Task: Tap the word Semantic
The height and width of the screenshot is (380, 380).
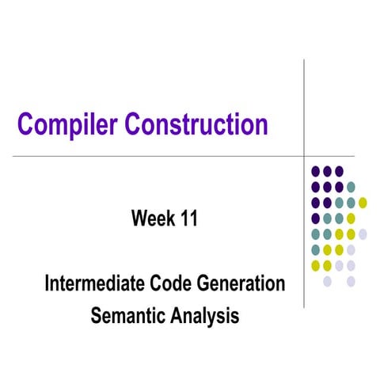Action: pyautogui.click(x=129, y=314)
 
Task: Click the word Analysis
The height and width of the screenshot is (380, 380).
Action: pyautogui.click(x=204, y=314)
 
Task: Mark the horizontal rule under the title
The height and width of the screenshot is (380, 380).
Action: pyautogui.click(x=158, y=156)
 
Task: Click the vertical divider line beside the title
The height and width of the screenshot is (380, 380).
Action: pyautogui.click(x=305, y=103)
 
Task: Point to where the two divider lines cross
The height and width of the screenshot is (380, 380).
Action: pyautogui.click(x=305, y=156)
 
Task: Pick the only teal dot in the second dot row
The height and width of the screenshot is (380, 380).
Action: pyautogui.click(x=351, y=187)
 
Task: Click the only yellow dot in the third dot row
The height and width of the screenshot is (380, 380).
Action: pyautogui.click(x=363, y=202)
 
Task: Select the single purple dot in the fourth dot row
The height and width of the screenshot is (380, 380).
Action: pyautogui.click(x=316, y=218)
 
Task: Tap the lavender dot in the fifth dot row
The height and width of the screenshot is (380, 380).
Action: pyautogui.click(x=363, y=234)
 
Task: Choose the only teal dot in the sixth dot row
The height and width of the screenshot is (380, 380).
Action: pyautogui.click(x=316, y=249)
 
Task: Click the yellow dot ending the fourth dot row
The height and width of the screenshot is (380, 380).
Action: pyautogui.click(x=351, y=218)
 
